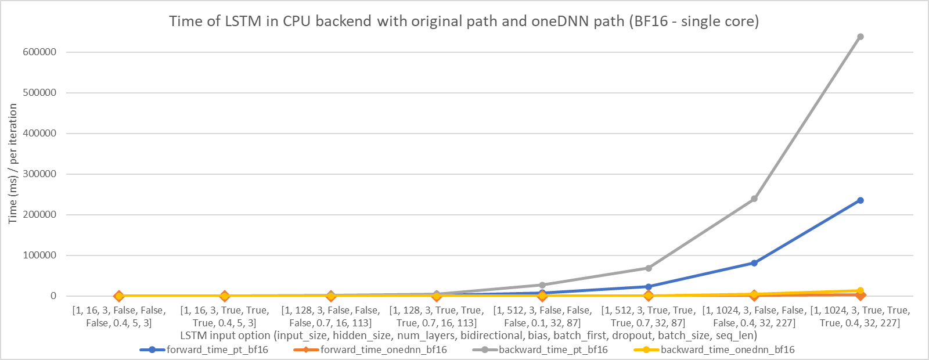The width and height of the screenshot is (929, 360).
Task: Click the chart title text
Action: click(x=464, y=21)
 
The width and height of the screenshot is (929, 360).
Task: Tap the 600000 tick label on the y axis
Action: click(x=36, y=52)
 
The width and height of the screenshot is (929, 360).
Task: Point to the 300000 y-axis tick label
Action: click(x=36, y=174)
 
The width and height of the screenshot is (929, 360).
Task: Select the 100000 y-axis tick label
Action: click(x=36, y=255)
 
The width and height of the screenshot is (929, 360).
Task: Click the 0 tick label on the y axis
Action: click(x=53, y=296)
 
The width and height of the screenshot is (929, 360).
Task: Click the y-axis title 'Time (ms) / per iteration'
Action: click(x=13, y=164)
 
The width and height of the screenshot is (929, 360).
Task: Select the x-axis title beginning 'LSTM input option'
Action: click(x=468, y=336)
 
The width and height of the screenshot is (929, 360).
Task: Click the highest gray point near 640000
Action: click(x=860, y=37)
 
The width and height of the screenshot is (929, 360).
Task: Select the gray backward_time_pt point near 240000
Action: click(x=754, y=199)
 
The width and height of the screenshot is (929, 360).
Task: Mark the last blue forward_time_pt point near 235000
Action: click(x=860, y=200)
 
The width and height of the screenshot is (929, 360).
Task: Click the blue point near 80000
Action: click(x=754, y=263)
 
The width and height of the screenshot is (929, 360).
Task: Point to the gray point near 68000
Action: click(x=649, y=268)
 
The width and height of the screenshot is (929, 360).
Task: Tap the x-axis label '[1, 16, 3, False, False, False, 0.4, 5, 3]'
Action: click(x=119, y=316)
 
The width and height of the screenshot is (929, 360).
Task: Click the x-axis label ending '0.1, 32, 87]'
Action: click(x=542, y=316)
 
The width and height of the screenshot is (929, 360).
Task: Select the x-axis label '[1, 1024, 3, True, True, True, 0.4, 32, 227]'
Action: click(x=860, y=316)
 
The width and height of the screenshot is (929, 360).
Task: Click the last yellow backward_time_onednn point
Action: click(x=860, y=290)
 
